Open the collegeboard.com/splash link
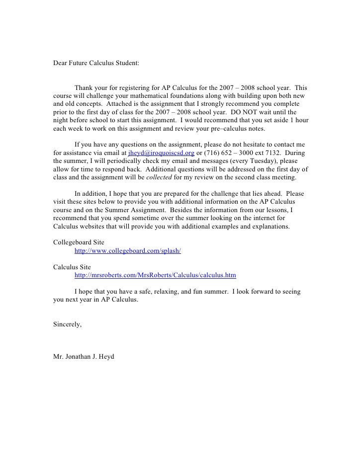[x=127, y=251]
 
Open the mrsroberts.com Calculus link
[x=155, y=275]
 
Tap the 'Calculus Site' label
[x=72, y=266]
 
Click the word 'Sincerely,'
[x=67, y=324]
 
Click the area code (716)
[x=211, y=153]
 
